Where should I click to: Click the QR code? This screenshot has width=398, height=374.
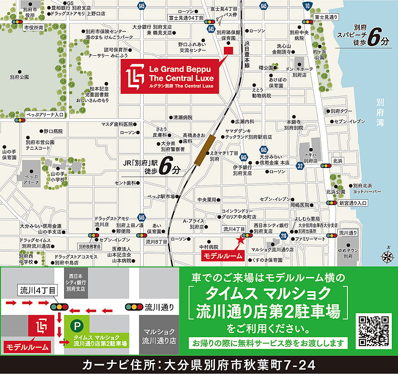tap(375, 331)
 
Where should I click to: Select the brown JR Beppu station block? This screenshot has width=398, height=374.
tap(205, 150)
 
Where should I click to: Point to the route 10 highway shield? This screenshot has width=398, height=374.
tap(307, 5)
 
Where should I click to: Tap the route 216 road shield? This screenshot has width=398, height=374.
tap(283, 237)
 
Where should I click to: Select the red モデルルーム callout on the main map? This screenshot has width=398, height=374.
tap(223, 256)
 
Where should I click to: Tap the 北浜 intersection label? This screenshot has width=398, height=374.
tap(338, 160)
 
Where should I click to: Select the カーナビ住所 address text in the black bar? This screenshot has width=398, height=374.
tap(199, 366)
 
